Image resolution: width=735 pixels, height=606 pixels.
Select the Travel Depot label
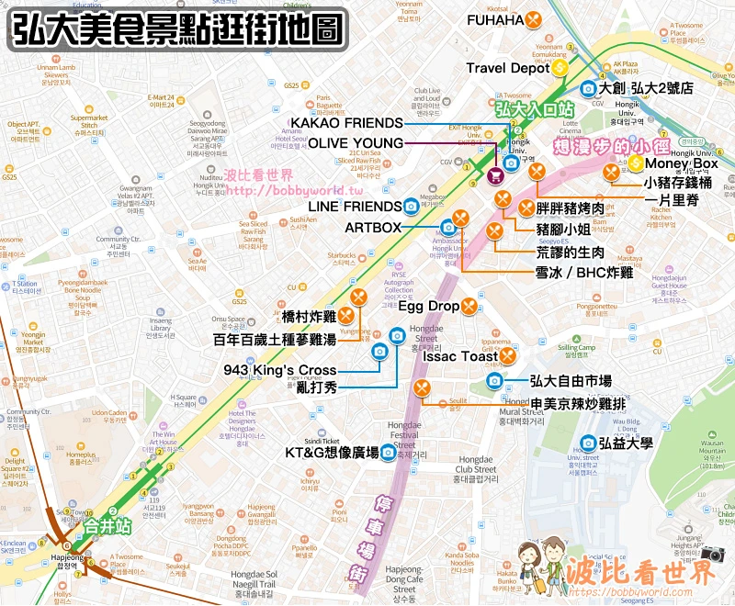508,68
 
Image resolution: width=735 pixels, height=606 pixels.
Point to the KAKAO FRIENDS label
346,123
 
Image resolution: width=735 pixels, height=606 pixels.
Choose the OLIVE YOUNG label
356,143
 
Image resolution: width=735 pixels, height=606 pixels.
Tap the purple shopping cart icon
494,175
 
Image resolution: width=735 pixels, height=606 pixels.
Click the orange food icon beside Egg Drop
469,305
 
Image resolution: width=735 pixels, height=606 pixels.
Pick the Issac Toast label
467,356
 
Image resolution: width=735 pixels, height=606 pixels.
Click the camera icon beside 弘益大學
587,443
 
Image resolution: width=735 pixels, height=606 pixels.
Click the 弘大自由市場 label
571,380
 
